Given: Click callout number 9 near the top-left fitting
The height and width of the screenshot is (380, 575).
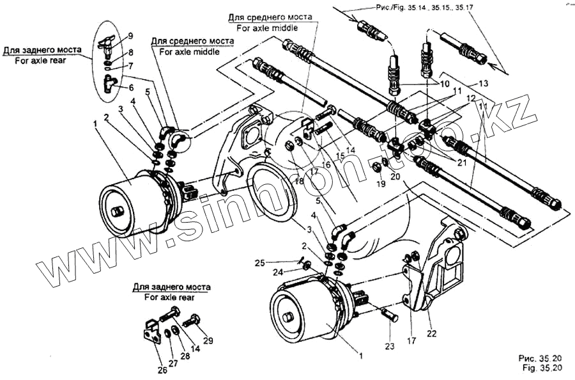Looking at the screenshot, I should (x=130, y=35).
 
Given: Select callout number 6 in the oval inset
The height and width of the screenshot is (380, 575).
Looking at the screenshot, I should (x=132, y=88).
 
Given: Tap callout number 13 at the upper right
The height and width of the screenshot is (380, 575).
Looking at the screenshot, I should (x=482, y=84).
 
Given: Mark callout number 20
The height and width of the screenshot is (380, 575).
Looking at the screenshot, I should (x=396, y=177).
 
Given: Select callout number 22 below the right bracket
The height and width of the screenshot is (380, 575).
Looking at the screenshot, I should (x=432, y=333).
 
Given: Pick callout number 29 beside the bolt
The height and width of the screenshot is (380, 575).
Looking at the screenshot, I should (x=208, y=340).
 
